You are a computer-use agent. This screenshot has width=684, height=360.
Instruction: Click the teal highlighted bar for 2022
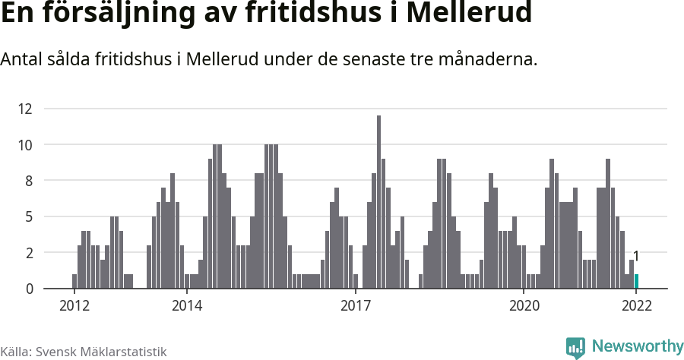coord(636,282)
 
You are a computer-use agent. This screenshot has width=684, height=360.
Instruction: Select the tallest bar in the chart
coord(378,202)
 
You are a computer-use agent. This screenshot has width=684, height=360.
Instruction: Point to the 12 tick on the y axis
coord(27,109)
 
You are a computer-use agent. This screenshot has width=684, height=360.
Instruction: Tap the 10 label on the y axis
coord(27,145)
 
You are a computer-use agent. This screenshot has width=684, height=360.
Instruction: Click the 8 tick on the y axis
coord(29,181)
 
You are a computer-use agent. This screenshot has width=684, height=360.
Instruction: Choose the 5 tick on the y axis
coord(29,216)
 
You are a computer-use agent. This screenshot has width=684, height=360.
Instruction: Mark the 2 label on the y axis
coord(29,253)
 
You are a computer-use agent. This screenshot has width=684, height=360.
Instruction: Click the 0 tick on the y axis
coord(29,289)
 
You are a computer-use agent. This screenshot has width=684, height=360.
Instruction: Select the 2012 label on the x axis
coord(74,306)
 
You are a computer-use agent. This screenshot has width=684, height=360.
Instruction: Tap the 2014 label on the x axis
coord(187,306)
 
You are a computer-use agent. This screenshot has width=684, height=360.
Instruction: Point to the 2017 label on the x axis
coord(356,306)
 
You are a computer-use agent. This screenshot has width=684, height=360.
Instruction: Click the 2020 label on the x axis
coord(524,306)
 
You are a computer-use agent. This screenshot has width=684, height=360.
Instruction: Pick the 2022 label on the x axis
coord(637,306)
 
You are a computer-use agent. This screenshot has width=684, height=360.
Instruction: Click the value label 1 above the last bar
coord(636,256)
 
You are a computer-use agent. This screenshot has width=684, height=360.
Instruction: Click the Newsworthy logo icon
coord(575,348)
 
